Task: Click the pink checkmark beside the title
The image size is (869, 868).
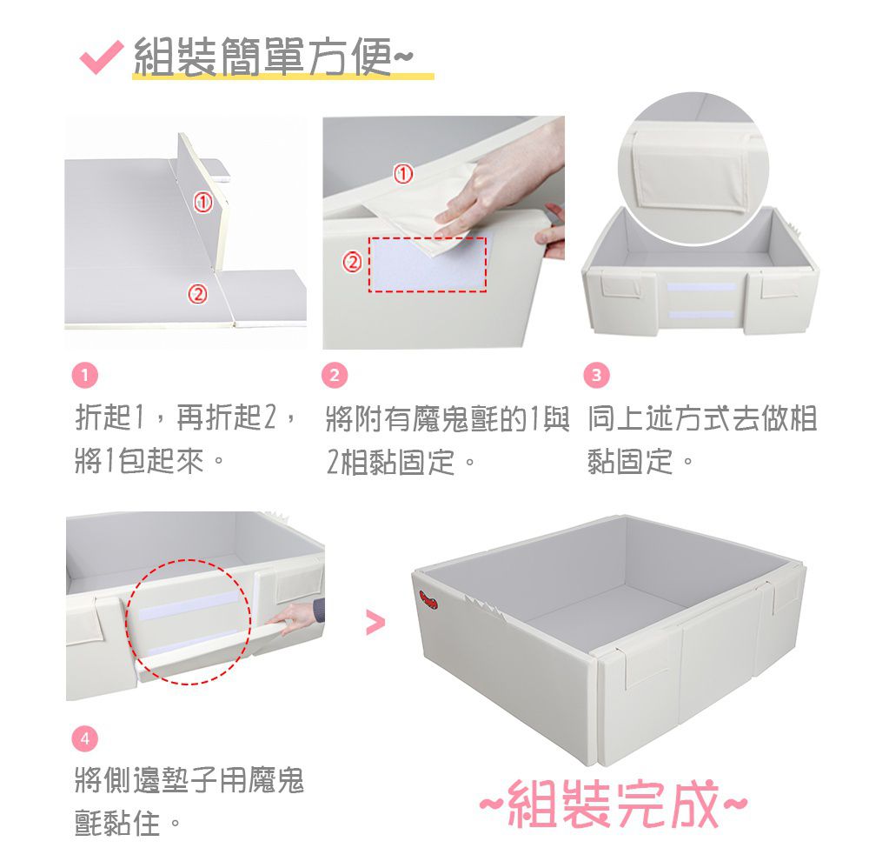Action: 100,57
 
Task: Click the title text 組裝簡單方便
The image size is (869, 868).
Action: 263,57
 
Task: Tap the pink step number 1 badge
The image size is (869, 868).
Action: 85,376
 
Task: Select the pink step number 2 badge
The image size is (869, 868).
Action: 335,376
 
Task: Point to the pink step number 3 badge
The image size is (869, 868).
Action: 596,376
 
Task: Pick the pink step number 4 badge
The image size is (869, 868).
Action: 85,738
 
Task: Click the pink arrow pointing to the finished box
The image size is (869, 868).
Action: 375,623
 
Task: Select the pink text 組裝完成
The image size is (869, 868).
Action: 613,804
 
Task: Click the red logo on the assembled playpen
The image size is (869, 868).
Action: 429,599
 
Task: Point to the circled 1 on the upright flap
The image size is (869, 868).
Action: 203,202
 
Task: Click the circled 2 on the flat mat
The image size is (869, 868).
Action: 198,293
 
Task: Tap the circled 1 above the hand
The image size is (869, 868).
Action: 403,174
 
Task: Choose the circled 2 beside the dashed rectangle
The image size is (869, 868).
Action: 353,261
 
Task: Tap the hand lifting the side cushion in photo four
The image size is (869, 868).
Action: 294,616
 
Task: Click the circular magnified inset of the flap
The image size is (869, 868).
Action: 693,168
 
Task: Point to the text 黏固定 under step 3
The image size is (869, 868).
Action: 631,462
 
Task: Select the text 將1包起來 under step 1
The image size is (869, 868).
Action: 140,462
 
